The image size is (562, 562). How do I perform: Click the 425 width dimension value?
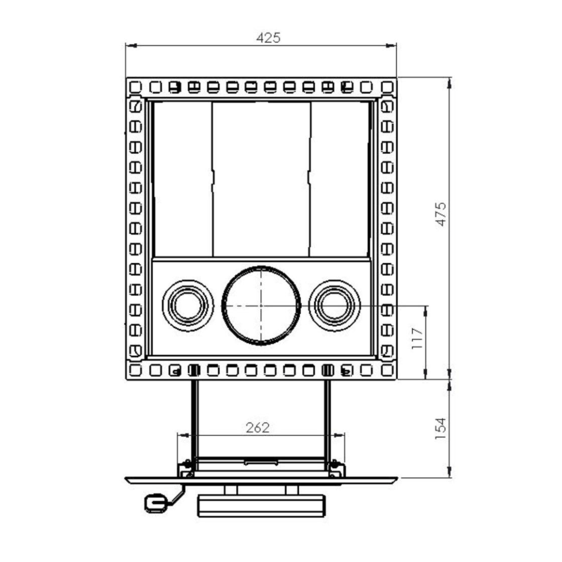click(269, 38)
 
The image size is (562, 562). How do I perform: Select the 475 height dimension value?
click(441, 213)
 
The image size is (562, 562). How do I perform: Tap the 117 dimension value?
click(417, 339)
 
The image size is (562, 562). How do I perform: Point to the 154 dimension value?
click(441, 428)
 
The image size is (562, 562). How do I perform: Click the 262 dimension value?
click(258, 428)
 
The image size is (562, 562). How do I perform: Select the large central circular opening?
click(261, 305)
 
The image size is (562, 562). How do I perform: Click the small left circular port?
click(188, 305)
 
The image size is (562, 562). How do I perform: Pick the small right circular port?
click(334, 305)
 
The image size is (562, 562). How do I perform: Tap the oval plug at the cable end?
click(155, 503)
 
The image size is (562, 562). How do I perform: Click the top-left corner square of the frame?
click(135, 86)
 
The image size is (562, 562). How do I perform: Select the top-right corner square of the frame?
click(387, 86)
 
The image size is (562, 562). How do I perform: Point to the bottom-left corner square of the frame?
click(135, 370)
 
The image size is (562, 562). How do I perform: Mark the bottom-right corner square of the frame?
click(387, 370)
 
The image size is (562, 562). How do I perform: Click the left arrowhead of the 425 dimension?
click(131, 46)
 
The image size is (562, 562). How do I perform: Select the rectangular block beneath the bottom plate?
click(261, 506)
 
